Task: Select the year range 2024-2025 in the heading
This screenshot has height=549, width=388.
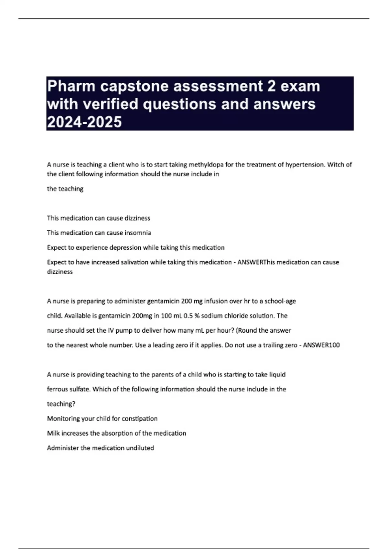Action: coord(84,122)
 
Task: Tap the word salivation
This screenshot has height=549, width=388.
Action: coord(135,262)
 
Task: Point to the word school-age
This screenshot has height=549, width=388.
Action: coord(280,301)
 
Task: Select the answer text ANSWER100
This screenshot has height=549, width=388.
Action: coord(321,345)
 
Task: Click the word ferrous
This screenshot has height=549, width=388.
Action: coord(58,389)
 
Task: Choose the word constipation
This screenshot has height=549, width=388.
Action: coord(139,419)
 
